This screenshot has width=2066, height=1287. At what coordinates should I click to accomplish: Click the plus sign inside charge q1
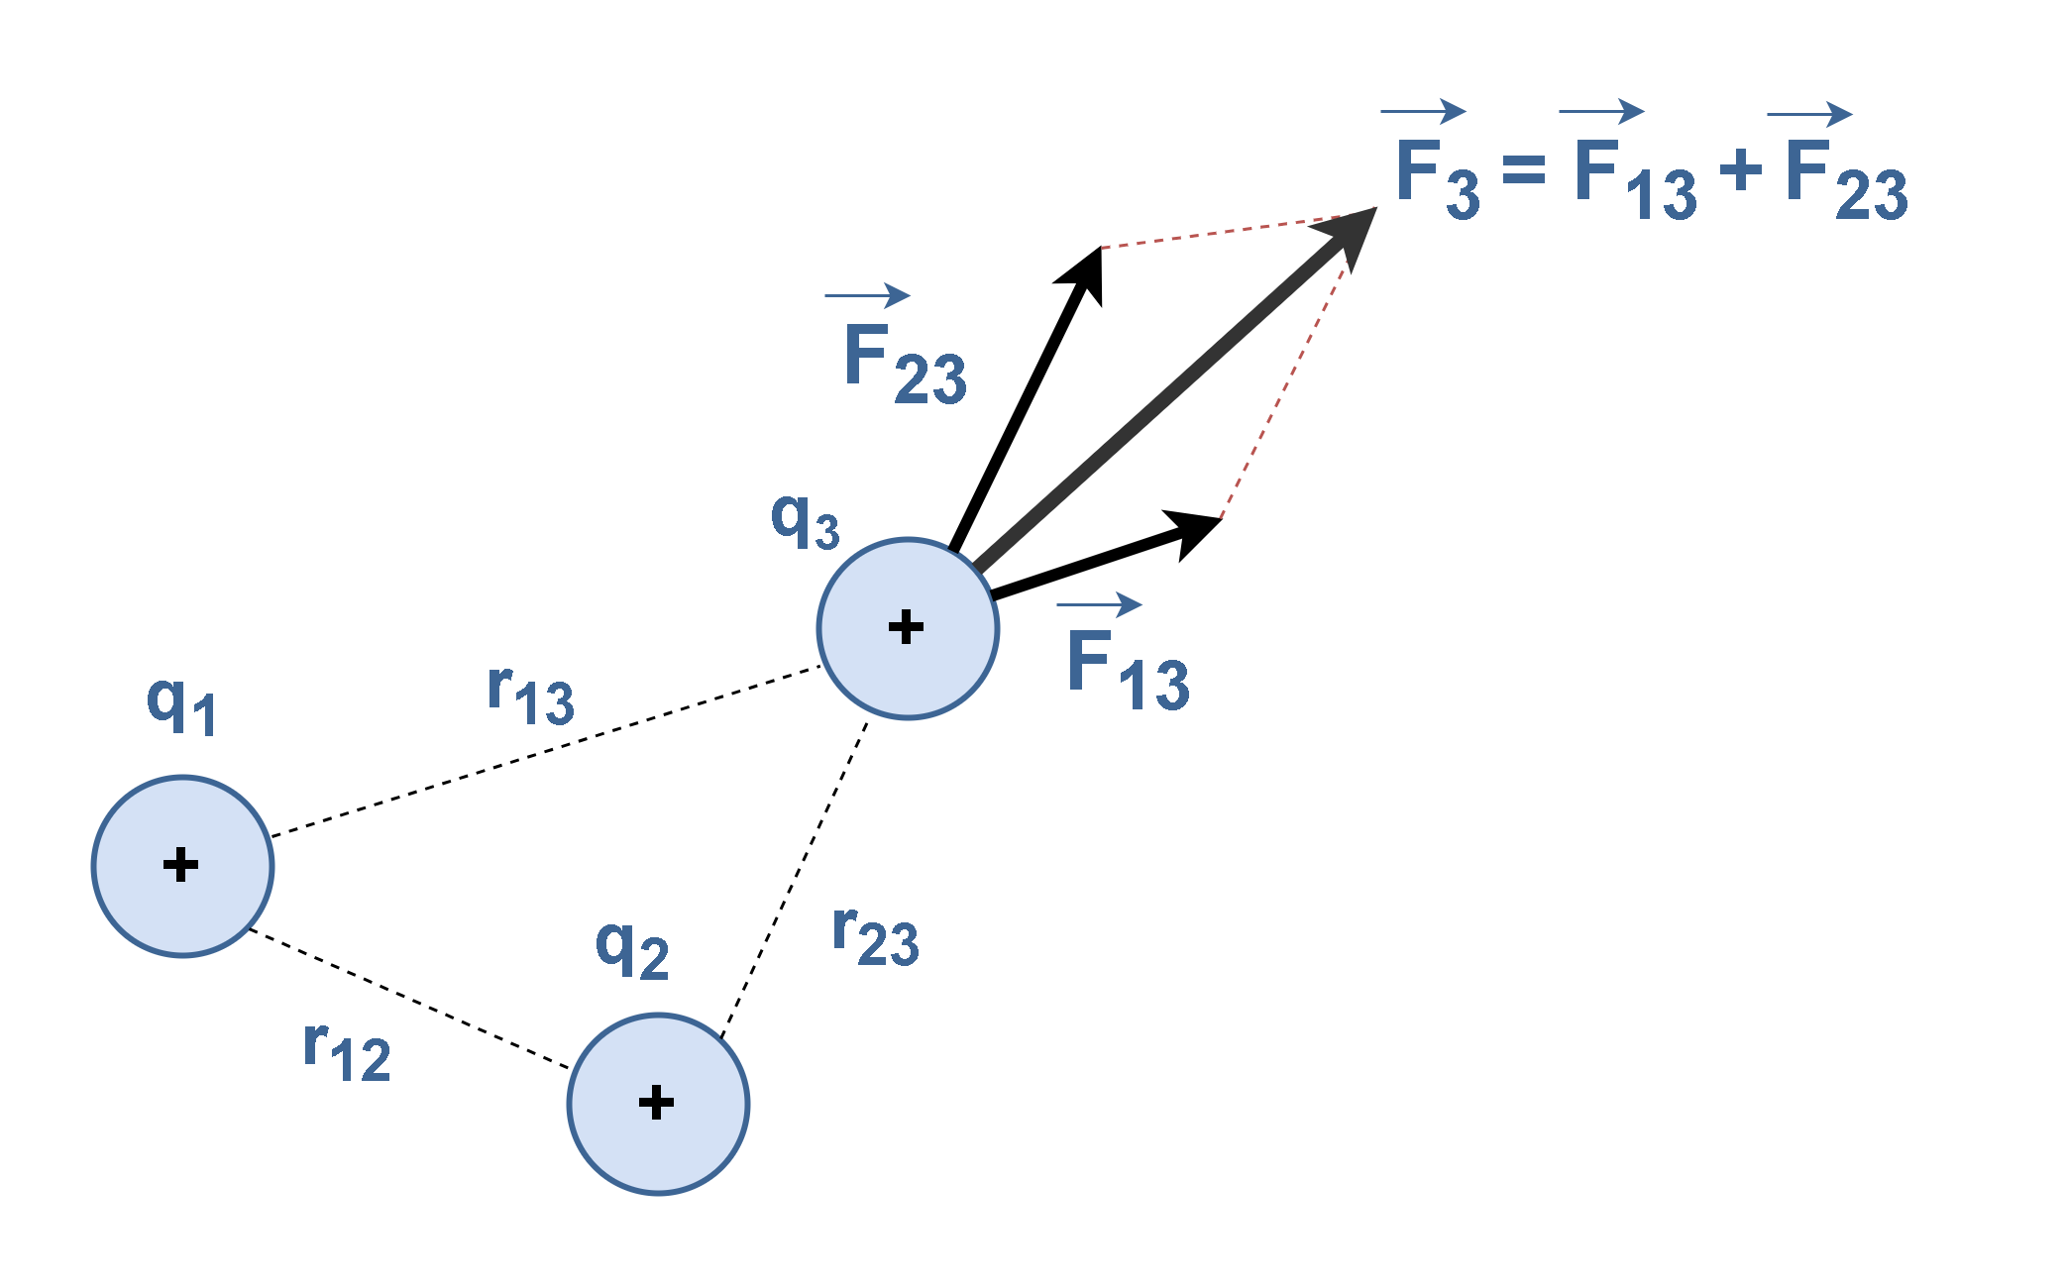180,865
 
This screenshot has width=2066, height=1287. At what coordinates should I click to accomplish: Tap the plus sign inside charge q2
656,1103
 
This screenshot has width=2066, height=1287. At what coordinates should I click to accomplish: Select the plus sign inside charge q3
906,627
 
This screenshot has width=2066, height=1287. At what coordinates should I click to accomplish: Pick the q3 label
805,521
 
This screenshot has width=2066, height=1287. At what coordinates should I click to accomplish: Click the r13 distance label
531,695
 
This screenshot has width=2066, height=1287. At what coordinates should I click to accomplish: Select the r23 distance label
876,935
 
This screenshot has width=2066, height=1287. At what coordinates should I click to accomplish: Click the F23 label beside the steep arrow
904,365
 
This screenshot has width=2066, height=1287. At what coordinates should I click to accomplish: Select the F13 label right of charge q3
1128,671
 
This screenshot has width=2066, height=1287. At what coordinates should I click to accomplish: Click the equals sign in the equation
1523,170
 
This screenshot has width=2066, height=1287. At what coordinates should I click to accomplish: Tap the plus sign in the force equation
1741,170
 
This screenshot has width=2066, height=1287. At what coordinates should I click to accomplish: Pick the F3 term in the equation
1437,176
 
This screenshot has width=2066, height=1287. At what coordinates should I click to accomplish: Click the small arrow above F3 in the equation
1423,112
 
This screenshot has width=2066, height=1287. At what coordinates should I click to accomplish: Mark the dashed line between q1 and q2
409,999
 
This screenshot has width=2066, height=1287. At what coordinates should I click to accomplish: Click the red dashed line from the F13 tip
1284,386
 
